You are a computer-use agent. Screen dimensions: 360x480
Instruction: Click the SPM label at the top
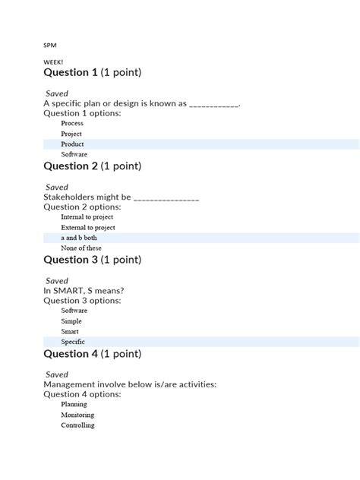tap(50, 45)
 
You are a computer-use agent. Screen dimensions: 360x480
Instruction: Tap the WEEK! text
tap(54, 62)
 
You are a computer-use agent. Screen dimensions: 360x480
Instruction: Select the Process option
tap(72, 123)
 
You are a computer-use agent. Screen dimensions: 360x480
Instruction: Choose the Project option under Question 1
tap(71, 134)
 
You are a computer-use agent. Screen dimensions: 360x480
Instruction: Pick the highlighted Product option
tap(72, 144)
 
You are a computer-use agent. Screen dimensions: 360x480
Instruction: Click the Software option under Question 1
tap(74, 154)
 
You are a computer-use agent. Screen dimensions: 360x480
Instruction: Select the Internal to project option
tap(87, 217)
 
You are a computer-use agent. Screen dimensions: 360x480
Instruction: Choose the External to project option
tap(87, 227)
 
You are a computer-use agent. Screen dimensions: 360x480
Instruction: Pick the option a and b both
tap(79, 238)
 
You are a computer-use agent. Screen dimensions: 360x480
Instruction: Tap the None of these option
tap(81, 248)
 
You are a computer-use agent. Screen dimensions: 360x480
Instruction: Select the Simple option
tap(71, 321)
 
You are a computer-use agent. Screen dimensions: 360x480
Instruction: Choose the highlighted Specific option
tap(73, 342)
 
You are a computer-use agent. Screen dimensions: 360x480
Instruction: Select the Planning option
tap(74, 405)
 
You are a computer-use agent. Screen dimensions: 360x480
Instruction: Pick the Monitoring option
tap(77, 415)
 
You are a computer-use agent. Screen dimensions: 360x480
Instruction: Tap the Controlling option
tap(77, 425)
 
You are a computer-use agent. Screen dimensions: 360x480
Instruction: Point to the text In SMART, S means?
tap(84, 291)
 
